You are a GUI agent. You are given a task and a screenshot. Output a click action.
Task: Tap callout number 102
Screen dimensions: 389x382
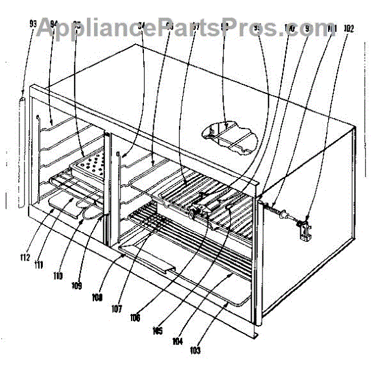pos(349,28)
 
